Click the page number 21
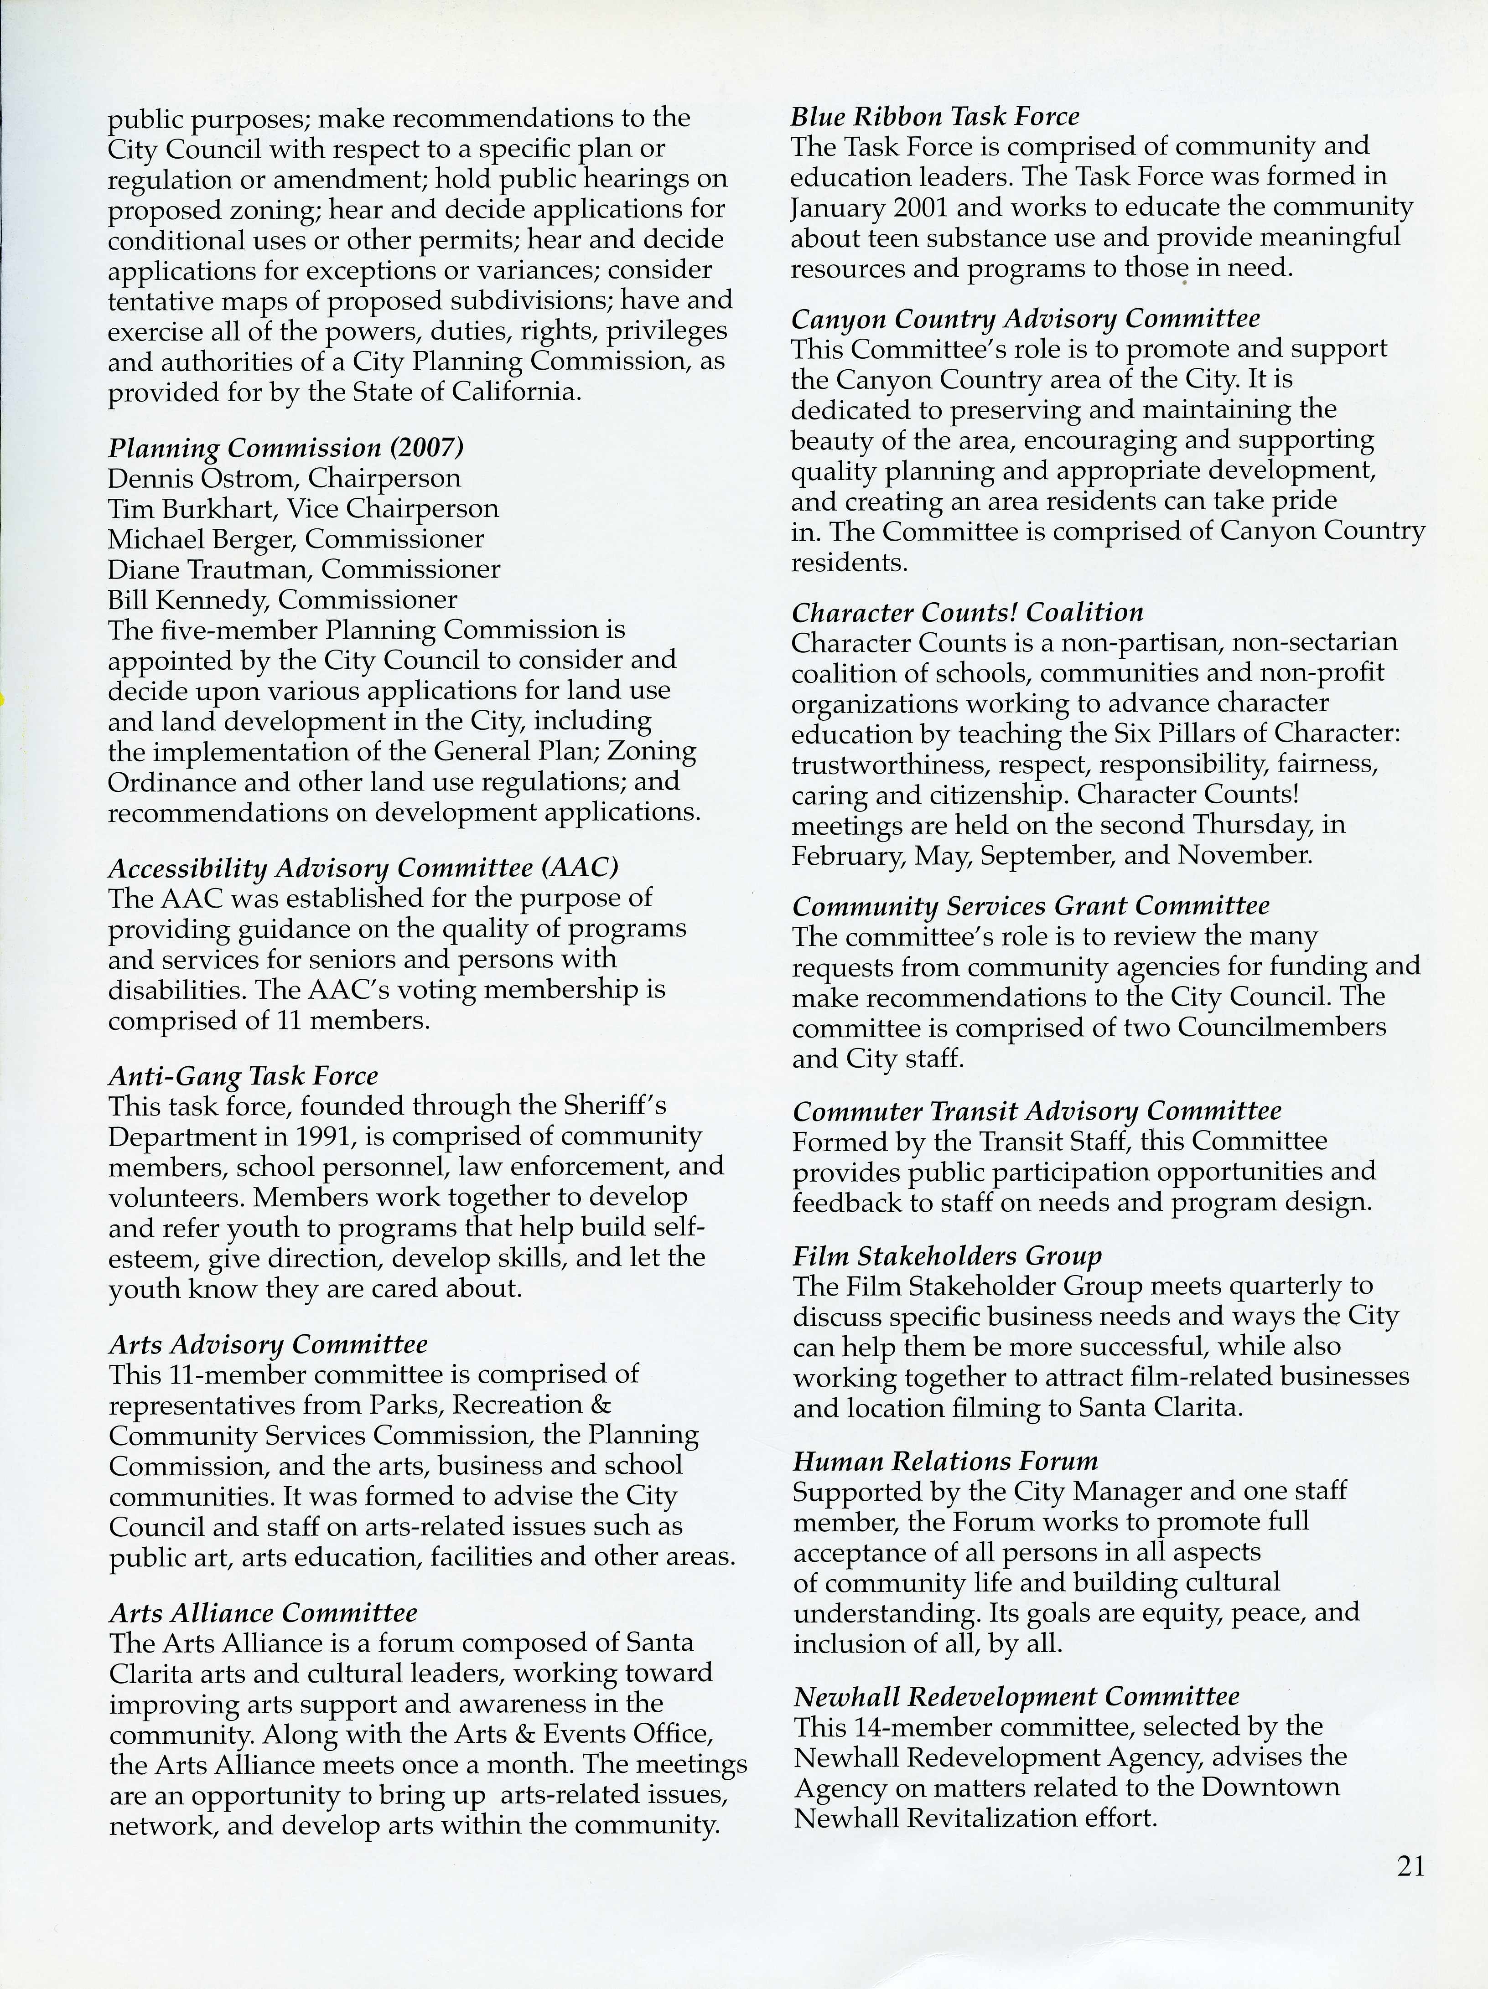tap(1410, 1867)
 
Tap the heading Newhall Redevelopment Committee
tap(1016, 1697)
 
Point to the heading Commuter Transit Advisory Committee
tap(1037, 1111)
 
